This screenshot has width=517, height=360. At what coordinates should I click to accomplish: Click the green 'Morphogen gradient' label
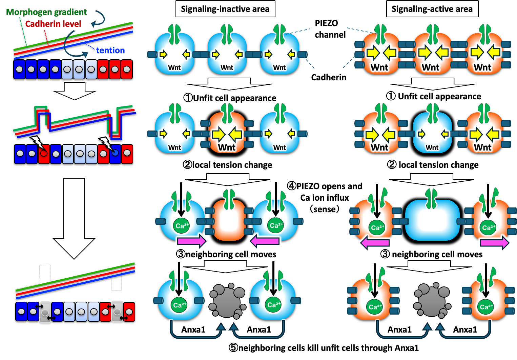(47, 12)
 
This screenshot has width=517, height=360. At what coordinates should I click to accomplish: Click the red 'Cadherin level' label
(53, 24)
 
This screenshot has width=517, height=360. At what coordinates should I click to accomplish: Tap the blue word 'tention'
(110, 51)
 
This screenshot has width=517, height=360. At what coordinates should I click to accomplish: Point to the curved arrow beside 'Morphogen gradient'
(99, 18)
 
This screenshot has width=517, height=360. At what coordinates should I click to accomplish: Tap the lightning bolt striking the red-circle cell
(38, 142)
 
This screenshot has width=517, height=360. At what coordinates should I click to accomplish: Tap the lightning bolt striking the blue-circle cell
(106, 143)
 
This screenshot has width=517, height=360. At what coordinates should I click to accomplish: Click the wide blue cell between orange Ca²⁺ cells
(432, 220)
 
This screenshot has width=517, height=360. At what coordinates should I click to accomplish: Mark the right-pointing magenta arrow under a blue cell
(192, 241)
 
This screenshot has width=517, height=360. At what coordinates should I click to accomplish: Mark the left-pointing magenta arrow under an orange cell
(375, 243)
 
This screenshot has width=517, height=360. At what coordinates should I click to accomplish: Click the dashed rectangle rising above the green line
(45, 274)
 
